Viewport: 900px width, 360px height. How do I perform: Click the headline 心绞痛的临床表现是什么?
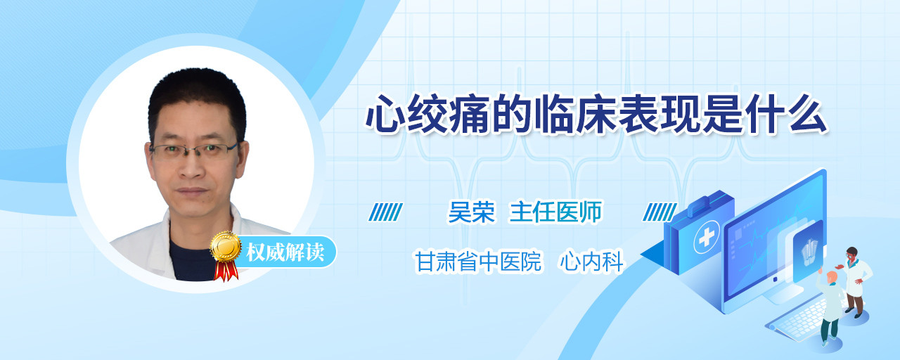click(596, 114)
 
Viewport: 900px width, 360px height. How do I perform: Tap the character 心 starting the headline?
click(385, 114)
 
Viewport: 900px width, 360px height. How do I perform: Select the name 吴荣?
click(472, 212)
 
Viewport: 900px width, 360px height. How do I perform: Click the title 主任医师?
click(556, 212)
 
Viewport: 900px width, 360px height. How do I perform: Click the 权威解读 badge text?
click(285, 252)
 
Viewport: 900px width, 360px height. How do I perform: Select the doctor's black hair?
click(197, 101)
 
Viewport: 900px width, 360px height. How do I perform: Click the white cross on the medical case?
click(706, 238)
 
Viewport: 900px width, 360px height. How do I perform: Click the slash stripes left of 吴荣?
click(385, 212)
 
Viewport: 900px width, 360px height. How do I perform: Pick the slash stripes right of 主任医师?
click(660, 212)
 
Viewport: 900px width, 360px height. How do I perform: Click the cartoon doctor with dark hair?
click(855, 281)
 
